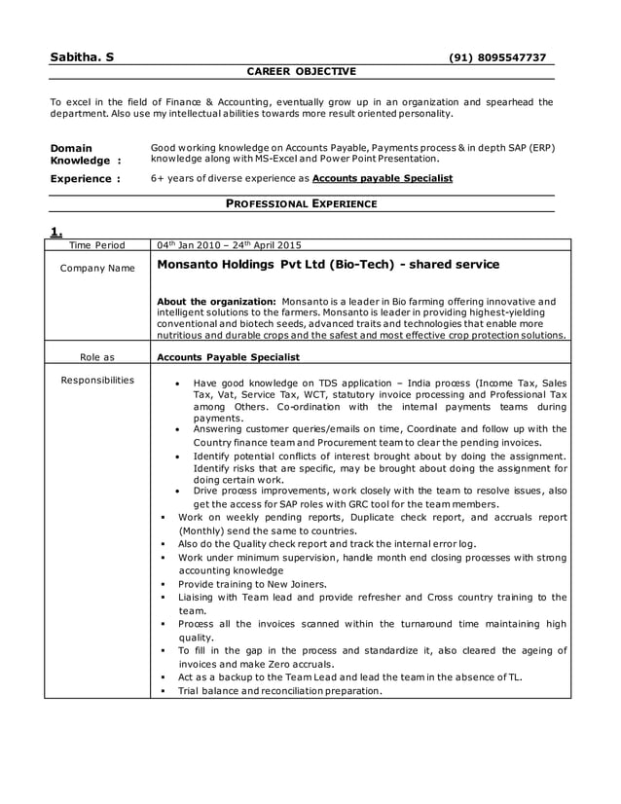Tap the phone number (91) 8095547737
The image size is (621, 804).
tap(496, 57)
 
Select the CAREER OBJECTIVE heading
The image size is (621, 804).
tap(301, 71)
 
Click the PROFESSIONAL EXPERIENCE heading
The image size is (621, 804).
tap(301, 203)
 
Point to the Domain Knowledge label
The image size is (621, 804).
tap(84, 154)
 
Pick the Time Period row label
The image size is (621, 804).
tap(97, 246)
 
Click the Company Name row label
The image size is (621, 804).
tap(97, 268)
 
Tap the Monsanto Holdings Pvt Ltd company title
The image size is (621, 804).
tap(328, 264)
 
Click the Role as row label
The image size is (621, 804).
tap(97, 357)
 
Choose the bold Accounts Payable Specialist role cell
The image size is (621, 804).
tap(228, 357)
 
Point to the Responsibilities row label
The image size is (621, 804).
tap(97, 380)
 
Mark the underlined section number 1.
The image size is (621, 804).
tap(55, 231)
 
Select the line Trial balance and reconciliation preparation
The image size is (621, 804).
tap(280, 690)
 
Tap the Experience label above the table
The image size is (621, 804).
tap(85, 179)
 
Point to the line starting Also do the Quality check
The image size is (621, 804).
tap(327, 543)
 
